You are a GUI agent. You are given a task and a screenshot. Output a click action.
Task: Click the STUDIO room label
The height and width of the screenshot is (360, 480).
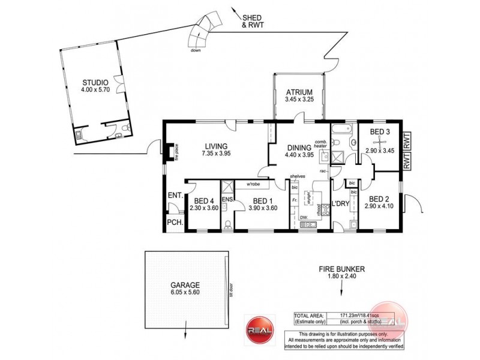click(95, 82)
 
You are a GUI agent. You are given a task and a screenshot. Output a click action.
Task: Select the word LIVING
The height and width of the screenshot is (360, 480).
click(216, 145)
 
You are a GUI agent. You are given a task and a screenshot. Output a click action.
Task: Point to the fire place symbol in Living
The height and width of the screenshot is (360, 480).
click(171, 152)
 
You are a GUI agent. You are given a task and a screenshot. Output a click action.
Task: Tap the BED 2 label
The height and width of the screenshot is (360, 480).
click(380, 199)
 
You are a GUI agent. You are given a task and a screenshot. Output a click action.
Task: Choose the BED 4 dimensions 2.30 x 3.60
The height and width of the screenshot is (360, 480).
click(204, 208)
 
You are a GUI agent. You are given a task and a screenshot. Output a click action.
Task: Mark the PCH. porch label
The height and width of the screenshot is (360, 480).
click(174, 222)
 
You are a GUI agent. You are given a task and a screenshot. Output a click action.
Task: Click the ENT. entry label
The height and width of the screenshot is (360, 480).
click(175, 195)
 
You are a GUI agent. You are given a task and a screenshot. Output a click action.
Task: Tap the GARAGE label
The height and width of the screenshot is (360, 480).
click(185, 286)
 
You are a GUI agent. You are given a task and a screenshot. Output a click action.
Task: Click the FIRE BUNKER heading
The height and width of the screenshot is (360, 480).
click(343, 269)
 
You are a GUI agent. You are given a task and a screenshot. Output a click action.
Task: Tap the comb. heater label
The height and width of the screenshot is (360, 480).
click(320, 144)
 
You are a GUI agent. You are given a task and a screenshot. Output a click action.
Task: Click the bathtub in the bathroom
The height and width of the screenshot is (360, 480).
click(343, 129)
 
